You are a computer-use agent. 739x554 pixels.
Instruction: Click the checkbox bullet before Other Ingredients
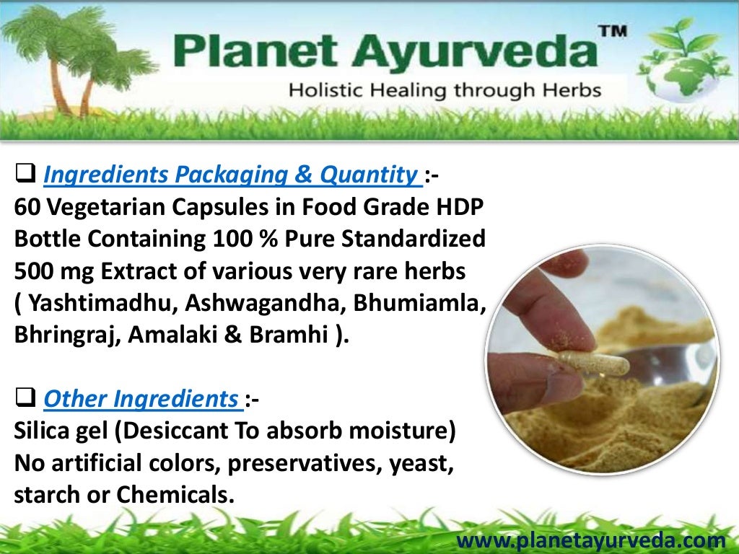tap(26, 397)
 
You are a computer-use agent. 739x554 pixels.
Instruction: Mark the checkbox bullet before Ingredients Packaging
tap(26, 173)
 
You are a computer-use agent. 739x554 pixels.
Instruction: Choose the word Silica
tap(43, 431)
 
